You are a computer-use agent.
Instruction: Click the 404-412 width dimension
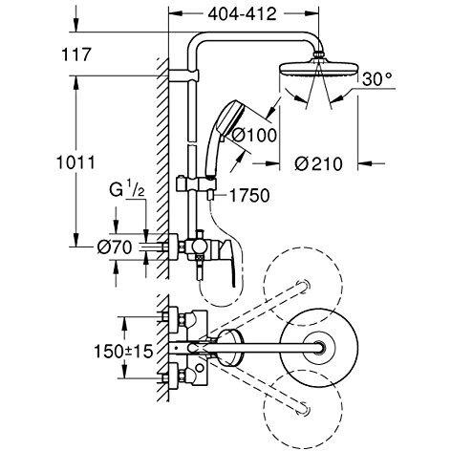(x=242, y=14)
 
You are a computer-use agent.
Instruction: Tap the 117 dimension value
(x=76, y=54)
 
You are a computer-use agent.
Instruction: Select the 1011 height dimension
(x=75, y=162)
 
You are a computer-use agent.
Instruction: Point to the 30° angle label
(x=376, y=79)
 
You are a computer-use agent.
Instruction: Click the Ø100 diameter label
(x=254, y=136)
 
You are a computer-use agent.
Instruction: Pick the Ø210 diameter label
(x=318, y=164)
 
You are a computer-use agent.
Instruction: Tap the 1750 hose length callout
(x=249, y=195)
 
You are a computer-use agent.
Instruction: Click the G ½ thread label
(x=127, y=190)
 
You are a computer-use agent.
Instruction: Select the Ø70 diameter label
(x=115, y=247)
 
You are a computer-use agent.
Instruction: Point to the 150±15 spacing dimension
(x=123, y=352)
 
